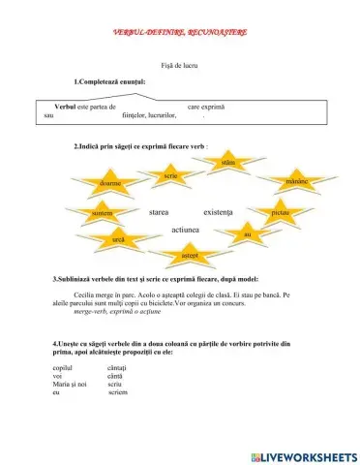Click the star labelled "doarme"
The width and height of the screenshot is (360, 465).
[x=116, y=182]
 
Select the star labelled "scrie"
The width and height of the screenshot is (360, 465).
[x=169, y=174]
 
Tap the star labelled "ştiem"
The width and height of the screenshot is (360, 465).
[x=227, y=164]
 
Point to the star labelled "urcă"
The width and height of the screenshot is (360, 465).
[x=118, y=237]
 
